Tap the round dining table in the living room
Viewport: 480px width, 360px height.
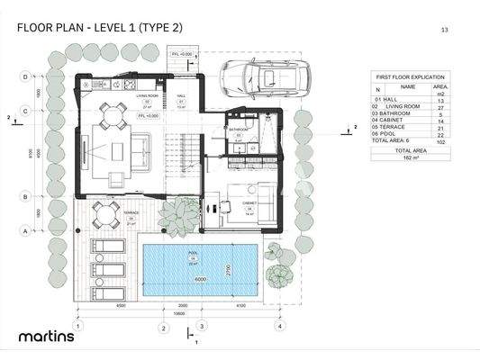click(112, 114)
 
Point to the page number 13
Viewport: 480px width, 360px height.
click(444, 29)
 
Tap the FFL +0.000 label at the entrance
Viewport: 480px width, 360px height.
click(182, 56)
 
